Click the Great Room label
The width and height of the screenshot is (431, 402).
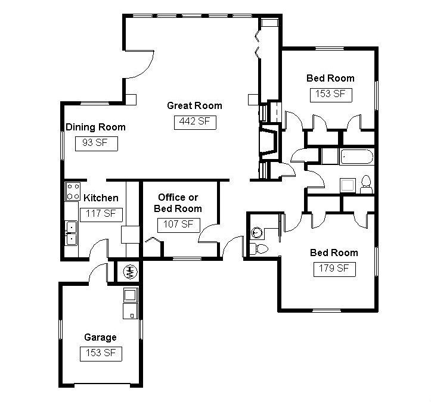point(194,105)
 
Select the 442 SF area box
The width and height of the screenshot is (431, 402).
point(194,122)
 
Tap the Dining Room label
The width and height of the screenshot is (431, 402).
point(95,127)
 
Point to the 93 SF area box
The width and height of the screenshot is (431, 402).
point(96,143)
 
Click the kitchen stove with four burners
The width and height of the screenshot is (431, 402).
point(73,192)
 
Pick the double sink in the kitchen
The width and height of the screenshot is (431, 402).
point(71,233)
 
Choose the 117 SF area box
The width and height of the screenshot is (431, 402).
point(101,214)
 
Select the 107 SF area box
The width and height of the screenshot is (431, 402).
point(179,225)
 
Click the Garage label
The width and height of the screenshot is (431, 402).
point(100,337)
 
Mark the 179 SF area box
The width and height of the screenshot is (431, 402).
point(334,269)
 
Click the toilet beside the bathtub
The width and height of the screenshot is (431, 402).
point(366,184)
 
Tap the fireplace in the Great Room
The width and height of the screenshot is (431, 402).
point(266,143)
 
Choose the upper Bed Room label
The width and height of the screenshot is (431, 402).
point(330,78)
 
